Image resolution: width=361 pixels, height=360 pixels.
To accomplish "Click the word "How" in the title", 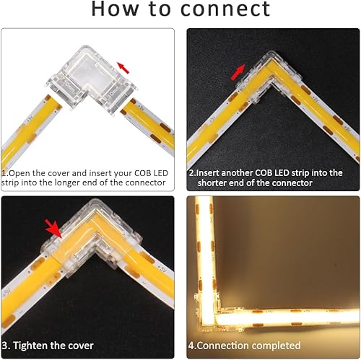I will pyautogui.click(x=115, y=10).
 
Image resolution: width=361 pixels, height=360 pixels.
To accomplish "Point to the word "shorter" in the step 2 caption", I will pyautogui.click(x=209, y=183).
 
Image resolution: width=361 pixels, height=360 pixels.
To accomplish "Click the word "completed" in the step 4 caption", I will pyautogui.click(x=274, y=345).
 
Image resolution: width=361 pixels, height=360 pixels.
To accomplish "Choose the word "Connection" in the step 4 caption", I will pyautogui.click(x=223, y=345).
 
